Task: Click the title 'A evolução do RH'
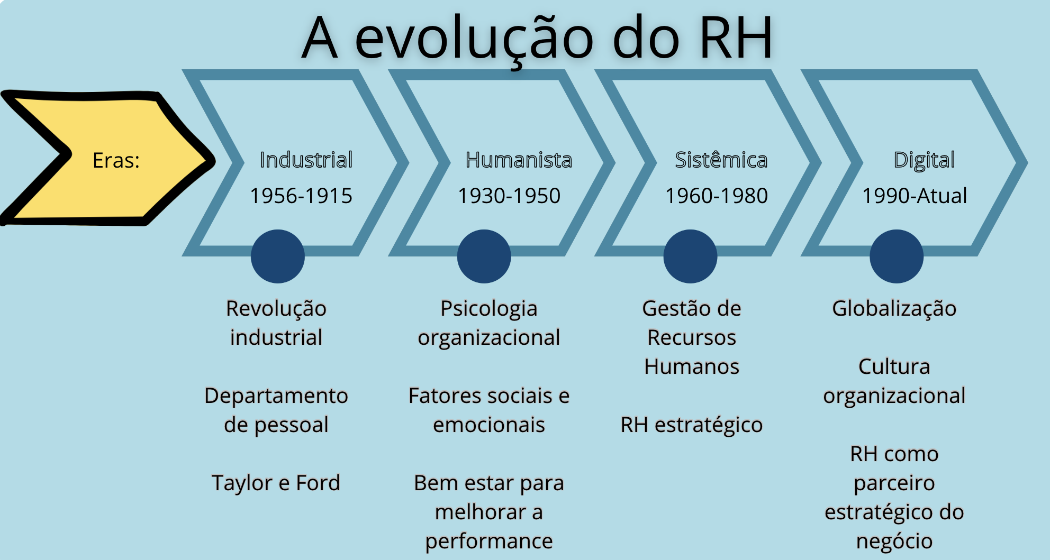[537, 38]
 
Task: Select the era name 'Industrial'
[306, 160]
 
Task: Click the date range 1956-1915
[301, 196]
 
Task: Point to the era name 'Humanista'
[519, 160]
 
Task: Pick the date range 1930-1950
[509, 196]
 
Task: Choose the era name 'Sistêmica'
[721, 160]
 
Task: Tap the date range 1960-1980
[716, 196]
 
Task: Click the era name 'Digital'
[924, 160]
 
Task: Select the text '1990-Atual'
[915, 196]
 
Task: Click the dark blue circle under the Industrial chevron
[277, 256]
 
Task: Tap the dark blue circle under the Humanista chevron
[484, 256]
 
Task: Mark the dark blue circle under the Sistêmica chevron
[690, 256]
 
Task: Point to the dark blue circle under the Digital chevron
[897, 256]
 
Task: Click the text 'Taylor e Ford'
[276, 483]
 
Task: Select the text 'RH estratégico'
[691, 425]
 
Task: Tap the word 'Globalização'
[894, 308]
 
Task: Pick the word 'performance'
[488, 541]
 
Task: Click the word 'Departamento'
[276, 396]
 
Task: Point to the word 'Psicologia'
[488, 308]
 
